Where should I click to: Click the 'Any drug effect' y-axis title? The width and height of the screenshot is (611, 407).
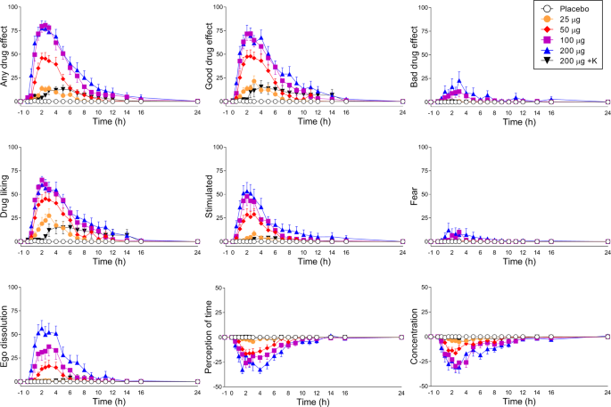coord(7,55)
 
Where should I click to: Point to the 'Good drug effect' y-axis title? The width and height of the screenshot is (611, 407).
coord(211,55)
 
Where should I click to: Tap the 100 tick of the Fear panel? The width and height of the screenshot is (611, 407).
coord(423,148)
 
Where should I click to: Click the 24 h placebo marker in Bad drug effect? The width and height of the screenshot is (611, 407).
coord(607,102)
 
